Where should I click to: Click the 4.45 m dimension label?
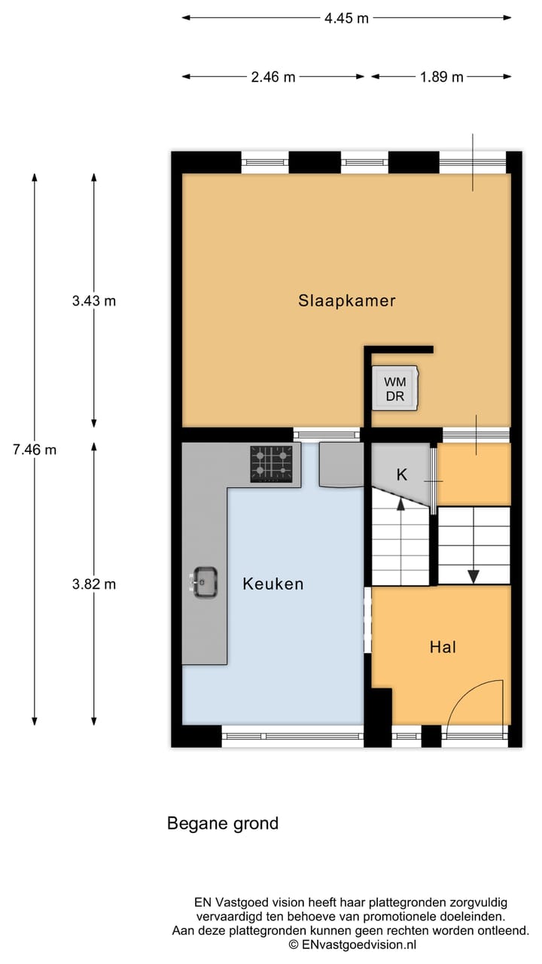pyautogui.click(x=346, y=18)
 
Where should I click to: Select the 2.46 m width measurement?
pyautogui.click(x=273, y=77)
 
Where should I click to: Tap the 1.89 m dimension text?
pyautogui.click(x=441, y=77)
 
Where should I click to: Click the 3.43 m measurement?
pyautogui.click(x=94, y=300)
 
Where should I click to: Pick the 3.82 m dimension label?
pyautogui.click(x=94, y=584)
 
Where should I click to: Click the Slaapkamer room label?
pyautogui.click(x=346, y=300)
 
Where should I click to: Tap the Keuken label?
pyautogui.click(x=273, y=584)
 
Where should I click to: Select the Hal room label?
pyautogui.click(x=443, y=646)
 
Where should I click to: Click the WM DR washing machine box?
pyautogui.click(x=395, y=389)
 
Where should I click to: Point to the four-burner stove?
pyautogui.click(x=271, y=463)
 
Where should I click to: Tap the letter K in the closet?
pyautogui.click(x=402, y=474)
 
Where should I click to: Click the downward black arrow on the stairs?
pyautogui.click(x=473, y=575)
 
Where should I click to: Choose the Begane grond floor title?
pyautogui.click(x=223, y=823)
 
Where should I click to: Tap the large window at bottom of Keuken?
pyautogui.click(x=293, y=736)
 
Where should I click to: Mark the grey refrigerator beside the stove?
pyautogui.click(x=340, y=465)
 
